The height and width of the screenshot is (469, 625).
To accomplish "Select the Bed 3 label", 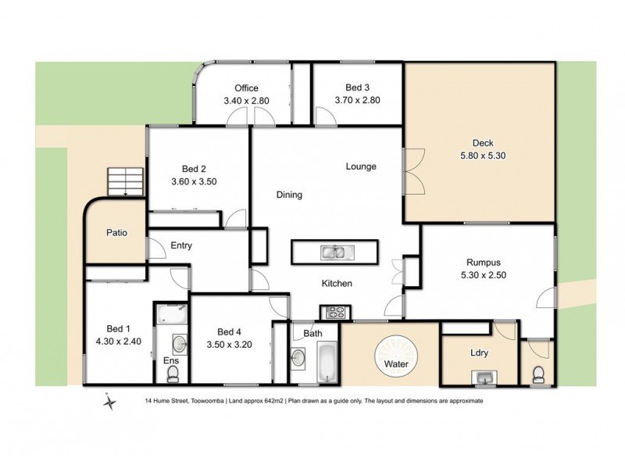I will [x=357, y=88].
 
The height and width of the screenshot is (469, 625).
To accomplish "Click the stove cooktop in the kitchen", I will [x=336, y=312].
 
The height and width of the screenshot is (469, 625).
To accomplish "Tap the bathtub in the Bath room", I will [x=326, y=364].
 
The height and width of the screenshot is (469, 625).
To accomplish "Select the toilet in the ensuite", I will [x=172, y=374].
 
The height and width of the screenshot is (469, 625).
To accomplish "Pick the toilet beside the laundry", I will [x=537, y=374].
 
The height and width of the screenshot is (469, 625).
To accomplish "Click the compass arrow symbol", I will [x=111, y=402].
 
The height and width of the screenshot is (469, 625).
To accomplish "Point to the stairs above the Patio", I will [x=126, y=182].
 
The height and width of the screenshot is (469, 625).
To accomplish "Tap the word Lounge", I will [x=362, y=166].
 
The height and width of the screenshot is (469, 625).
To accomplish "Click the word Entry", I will [x=181, y=245].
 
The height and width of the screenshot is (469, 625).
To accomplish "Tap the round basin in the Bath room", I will [x=298, y=358].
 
